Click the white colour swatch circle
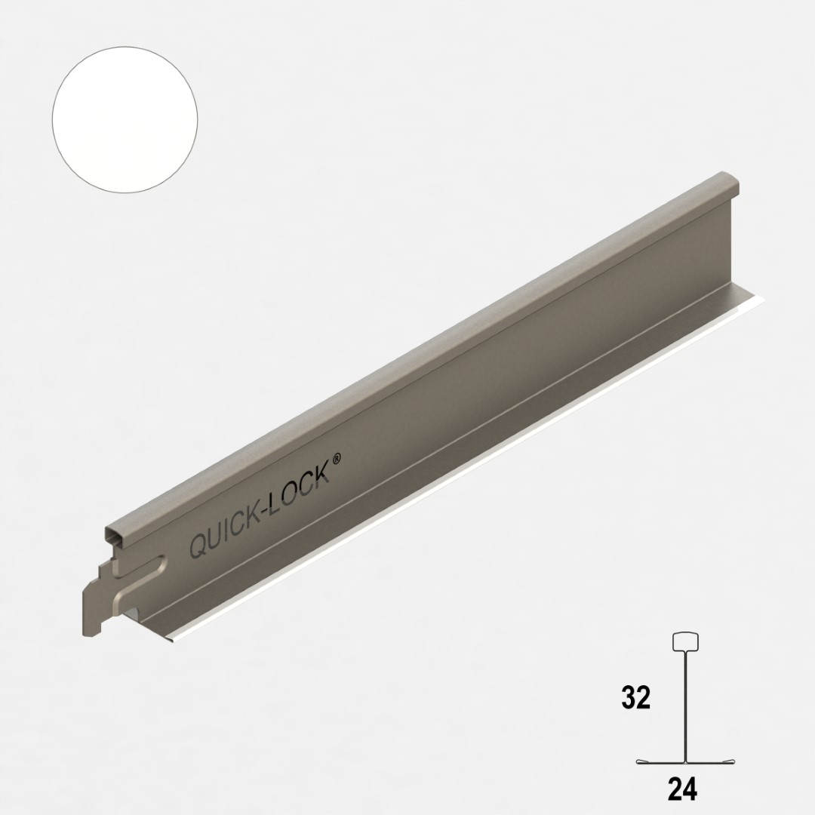point(125,119)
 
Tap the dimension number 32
point(635,699)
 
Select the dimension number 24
point(682,789)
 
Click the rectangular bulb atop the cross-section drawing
point(685,641)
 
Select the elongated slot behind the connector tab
point(143,581)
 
